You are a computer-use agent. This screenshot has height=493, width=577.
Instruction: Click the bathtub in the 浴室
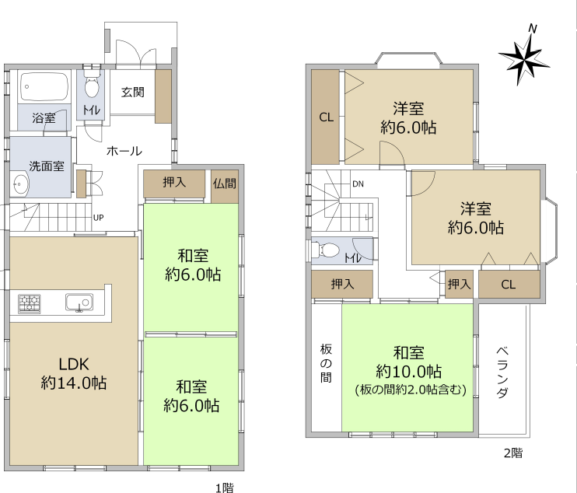[44, 86]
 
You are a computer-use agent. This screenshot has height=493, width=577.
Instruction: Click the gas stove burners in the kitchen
[29, 304]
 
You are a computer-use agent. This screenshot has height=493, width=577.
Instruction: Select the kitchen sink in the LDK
[79, 302]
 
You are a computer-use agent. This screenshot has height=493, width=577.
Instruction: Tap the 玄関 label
[132, 92]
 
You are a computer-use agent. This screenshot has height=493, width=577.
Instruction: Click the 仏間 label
[225, 184]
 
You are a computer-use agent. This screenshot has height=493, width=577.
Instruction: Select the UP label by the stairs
[98, 218]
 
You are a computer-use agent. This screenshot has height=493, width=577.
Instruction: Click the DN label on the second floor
[358, 184]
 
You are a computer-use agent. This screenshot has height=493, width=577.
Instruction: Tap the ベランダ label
[502, 372]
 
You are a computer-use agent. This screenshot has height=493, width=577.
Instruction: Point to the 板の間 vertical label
[326, 363]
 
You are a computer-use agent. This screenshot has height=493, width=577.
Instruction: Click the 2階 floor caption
[513, 453]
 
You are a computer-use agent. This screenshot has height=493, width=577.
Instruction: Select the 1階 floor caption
[225, 488]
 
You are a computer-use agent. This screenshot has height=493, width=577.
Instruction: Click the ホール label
[124, 151]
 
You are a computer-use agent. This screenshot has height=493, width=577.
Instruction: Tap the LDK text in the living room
[74, 364]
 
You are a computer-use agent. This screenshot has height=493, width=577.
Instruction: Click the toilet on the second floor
[325, 250]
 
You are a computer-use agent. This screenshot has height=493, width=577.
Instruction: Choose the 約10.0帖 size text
[408, 372]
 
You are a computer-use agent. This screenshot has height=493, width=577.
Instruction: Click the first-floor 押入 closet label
[174, 182]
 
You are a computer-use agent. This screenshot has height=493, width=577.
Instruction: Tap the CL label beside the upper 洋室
[326, 117]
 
